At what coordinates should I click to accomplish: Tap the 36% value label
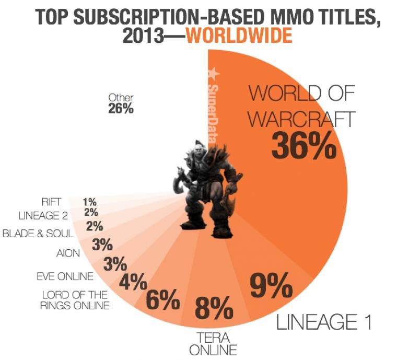(303, 146)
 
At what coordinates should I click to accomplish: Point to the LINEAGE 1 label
(324, 322)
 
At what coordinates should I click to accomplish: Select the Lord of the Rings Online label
(75, 300)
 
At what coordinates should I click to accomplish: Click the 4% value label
(132, 283)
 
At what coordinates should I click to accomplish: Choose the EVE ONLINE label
(65, 276)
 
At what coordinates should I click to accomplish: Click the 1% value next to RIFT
(89, 201)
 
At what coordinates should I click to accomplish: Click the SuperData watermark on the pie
(213, 104)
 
